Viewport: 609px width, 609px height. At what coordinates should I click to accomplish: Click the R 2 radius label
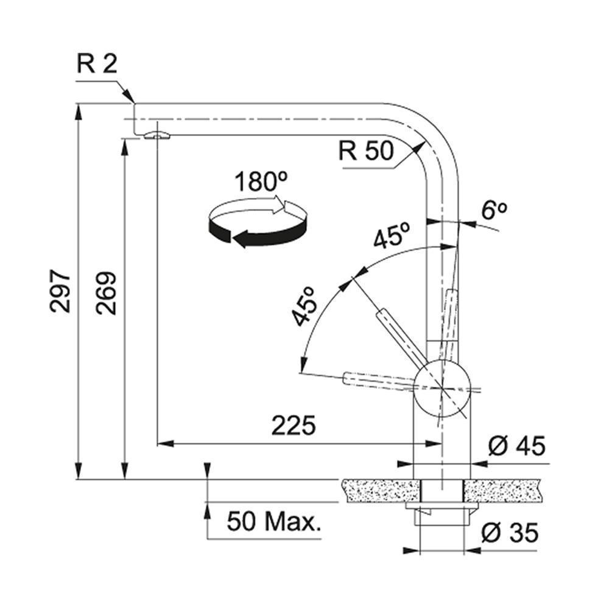click(x=97, y=64)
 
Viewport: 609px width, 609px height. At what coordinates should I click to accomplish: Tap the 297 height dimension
click(x=60, y=291)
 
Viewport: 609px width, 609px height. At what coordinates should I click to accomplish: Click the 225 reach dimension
click(x=294, y=425)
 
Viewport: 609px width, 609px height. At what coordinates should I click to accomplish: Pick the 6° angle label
click(x=494, y=210)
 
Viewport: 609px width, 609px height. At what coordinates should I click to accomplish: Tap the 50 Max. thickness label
click(x=274, y=521)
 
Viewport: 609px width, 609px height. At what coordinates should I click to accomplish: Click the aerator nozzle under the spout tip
click(x=157, y=136)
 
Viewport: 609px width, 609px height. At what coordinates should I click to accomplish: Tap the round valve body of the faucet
click(x=442, y=388)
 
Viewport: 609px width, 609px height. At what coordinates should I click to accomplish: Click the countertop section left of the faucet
click(x=381, y=491)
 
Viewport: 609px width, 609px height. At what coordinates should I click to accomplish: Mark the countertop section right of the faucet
click(x=502, y=491)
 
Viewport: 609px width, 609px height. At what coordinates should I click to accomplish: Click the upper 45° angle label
click(x=392, y=235)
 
